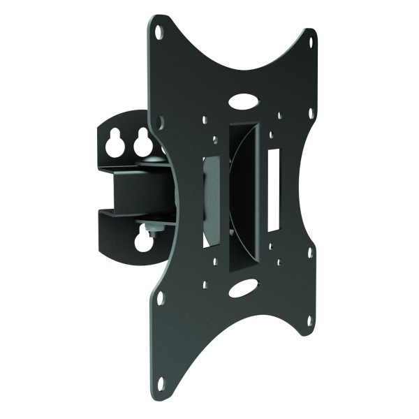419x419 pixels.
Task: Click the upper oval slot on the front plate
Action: point(242,101)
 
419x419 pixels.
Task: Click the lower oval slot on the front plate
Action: point(242,288)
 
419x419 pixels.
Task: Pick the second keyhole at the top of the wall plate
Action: point(143,143)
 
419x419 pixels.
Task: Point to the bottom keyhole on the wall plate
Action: point(145,240)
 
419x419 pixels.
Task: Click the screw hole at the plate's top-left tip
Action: point(159,31)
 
